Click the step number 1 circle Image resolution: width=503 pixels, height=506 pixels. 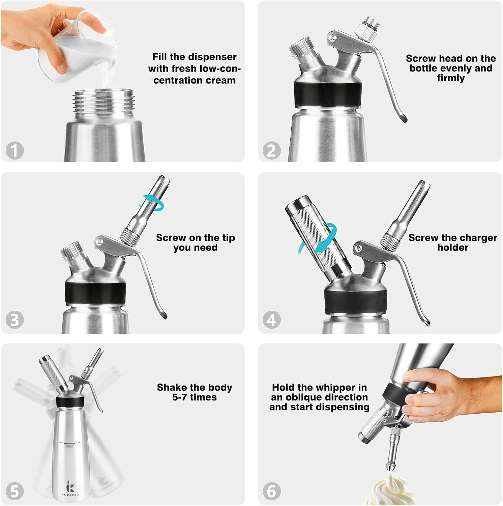click(x=14, y=150)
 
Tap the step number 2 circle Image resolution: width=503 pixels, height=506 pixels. click(x=271, y=150)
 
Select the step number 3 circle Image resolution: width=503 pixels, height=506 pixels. click(x=14, y=320)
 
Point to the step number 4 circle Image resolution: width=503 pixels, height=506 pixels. click(x=271, y=320)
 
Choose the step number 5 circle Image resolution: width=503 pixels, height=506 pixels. click(x=14, y=491)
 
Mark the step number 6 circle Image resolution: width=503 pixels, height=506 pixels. click(x=271, y=491)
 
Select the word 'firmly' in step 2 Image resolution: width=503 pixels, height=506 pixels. click(x=451, y=78)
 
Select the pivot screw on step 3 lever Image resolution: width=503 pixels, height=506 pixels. click(x=99, y=241)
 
